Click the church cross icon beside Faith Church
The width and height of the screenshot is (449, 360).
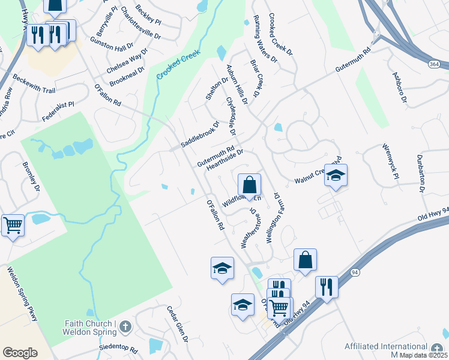[125, 327]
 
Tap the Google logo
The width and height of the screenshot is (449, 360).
[20, 352]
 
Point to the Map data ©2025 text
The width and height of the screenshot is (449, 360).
[423, 355]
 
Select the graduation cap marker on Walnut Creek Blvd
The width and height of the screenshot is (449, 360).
[336, 175]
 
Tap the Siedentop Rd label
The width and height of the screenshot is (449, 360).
[119, 349]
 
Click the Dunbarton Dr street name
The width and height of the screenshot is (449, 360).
[421, 173]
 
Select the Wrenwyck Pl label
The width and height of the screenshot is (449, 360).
[391, 160]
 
